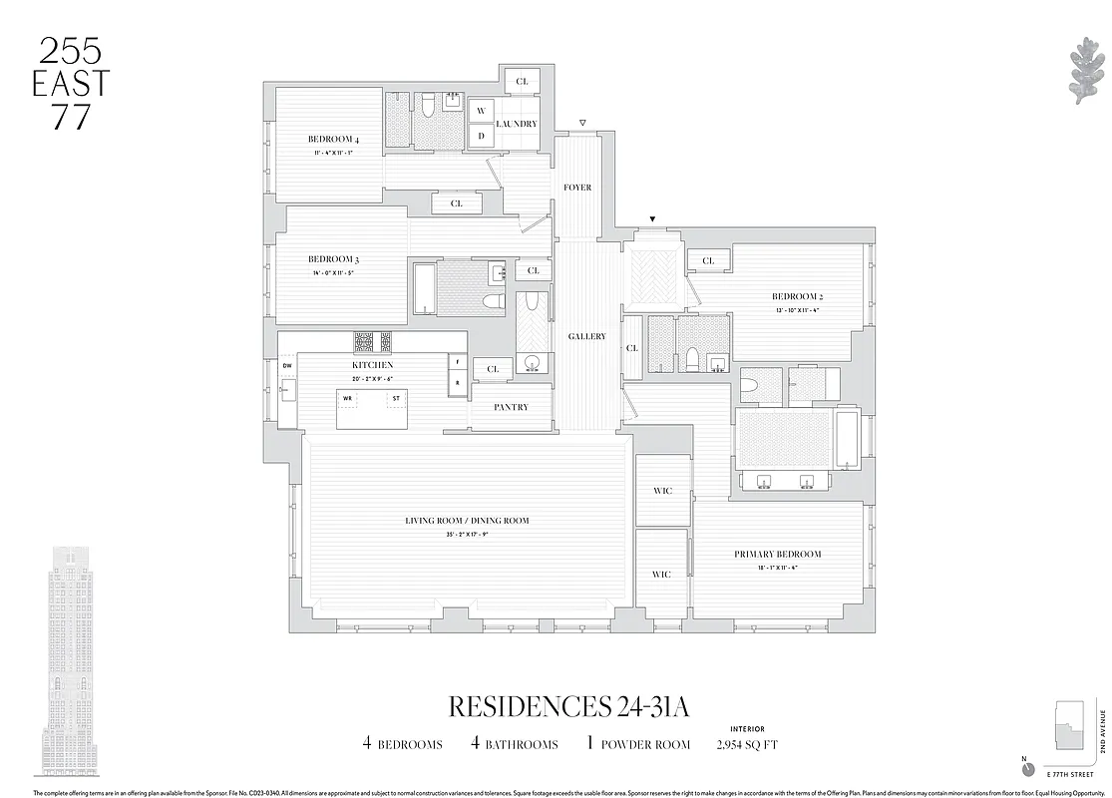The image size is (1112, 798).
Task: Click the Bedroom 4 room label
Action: (x=332, y=139)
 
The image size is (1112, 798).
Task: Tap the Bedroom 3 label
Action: (x=332, y=259)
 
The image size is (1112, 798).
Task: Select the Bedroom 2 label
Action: (x=796, y=296)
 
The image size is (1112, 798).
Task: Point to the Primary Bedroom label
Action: (x=778, y=554)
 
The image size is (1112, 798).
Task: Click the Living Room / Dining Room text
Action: (x=467, y=521)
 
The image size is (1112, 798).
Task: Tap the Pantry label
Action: (x=511, y=407)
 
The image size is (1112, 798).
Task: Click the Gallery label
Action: (x=587, y=337)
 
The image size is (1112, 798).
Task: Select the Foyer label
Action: (x=577, y=188)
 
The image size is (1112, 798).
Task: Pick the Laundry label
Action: (x=517, y=124)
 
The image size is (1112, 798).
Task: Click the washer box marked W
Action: (x=480, y=111)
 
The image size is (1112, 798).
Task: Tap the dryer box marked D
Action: (x=480, y=136)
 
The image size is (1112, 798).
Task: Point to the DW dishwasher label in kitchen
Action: (x=287, y=366)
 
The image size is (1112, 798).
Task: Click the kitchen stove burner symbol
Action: (x=372, y=342)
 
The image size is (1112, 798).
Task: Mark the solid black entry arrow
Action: (x=652, y=219)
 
